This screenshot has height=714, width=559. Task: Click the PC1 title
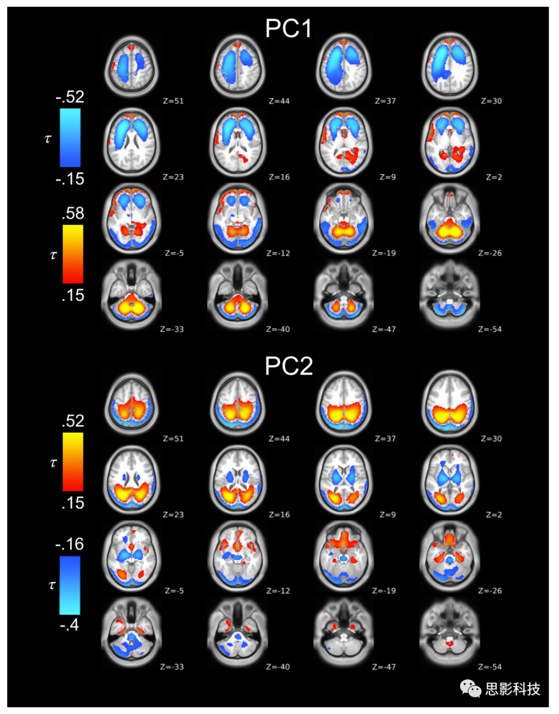(x=288, y=28)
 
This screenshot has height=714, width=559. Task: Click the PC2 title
(x=288, y=366)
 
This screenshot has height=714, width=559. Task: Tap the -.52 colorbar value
(x=70, y=97)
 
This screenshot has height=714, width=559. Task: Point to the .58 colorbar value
(x=73, y=213)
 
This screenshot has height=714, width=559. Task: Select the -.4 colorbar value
(x=69, y=624)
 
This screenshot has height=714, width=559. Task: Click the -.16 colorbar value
(x=69, y=544)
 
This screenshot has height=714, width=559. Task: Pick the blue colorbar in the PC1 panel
(x=70, y=137)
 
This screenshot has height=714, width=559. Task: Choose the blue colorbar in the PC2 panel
(x=70, y=585)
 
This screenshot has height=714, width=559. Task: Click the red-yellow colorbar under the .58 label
(x=73, y=254)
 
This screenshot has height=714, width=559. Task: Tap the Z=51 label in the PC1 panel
(x=173, y=101)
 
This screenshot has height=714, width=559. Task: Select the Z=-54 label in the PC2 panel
(x=490, y=667)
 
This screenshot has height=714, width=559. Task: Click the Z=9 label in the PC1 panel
(x=387, y=177)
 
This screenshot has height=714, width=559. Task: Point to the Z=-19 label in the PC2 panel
(x=384, y=591)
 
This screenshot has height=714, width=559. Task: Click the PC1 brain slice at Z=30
(x=450, y=66)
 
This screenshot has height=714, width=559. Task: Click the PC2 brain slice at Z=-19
(x=344, y=556)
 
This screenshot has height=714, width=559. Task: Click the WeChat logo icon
(x=470, y=688)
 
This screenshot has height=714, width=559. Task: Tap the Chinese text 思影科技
(x=512, y=689)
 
